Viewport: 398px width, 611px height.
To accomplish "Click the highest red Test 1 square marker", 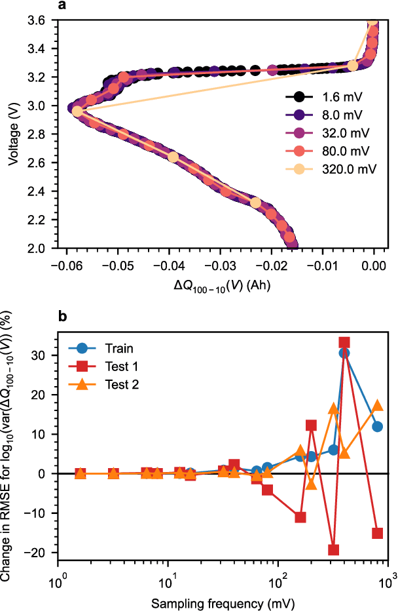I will point(344,342).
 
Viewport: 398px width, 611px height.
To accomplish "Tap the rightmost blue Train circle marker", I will point(377,427).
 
